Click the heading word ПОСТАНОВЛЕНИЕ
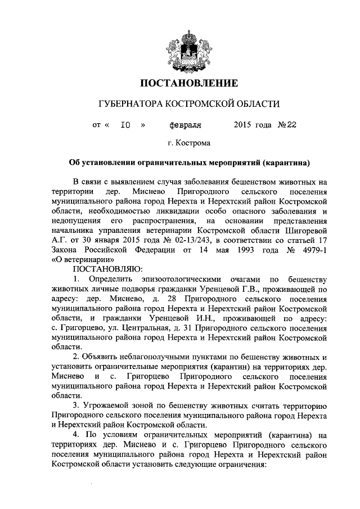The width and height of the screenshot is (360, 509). tap(180, 84)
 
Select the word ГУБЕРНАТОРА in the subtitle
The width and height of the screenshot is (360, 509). tap(132, 105)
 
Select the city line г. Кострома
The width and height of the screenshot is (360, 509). tap(180, 143)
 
